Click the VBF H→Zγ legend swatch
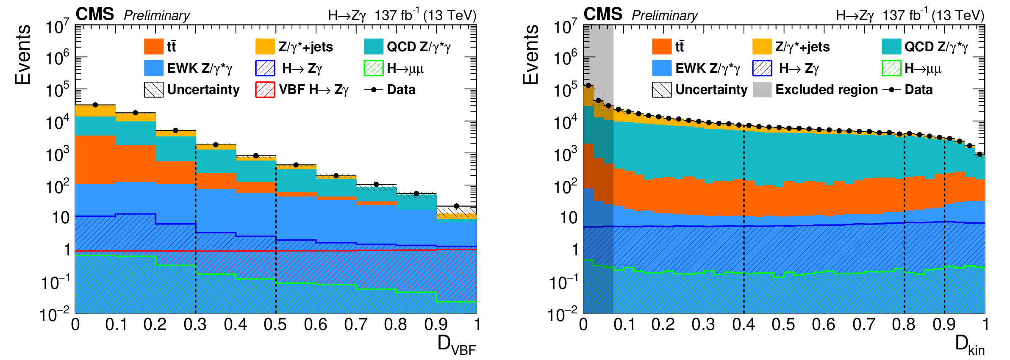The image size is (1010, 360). click(x=265, y=90)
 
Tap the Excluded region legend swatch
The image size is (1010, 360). click(x=762, y=90)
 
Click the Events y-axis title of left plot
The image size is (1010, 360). click(x=23, y=55)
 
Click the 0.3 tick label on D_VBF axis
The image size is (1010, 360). click(x=195, y=325)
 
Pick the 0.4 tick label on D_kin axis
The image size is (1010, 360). click(x=744, y=325)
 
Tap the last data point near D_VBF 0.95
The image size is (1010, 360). click(x=456, y=206)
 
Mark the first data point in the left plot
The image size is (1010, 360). click(x=95, y=105)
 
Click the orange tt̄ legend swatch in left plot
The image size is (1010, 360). click(x=153, y=47)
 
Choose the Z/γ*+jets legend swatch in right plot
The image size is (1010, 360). click(x=762, y=47)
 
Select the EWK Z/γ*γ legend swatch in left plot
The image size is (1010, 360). click(x=153, y=68)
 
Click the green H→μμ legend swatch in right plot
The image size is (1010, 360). click(x=891, y=68)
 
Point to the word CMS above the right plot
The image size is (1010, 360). click(x=603, y=14)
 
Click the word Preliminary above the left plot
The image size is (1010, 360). click(x=157, y=16)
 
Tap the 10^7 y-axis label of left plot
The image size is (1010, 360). click(x=57, y=27)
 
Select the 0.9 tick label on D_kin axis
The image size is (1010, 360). click(x=944, y=325)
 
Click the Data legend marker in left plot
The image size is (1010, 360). click(x=374, y=90)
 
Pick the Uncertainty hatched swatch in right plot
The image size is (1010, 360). click(x=662, y=90)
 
